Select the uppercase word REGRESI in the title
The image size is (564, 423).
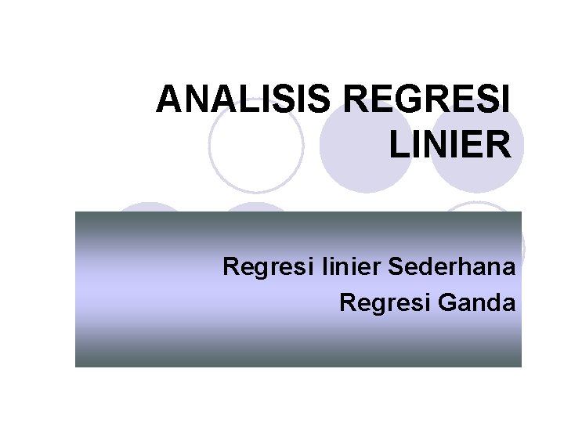(427, 101)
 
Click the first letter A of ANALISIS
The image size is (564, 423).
(168, 101)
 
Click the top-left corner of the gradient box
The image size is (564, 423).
(75, 211)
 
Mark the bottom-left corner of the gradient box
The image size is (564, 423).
(75, 367)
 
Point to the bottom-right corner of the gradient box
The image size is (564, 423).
(521, 367)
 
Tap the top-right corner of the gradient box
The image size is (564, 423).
(521, 211)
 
